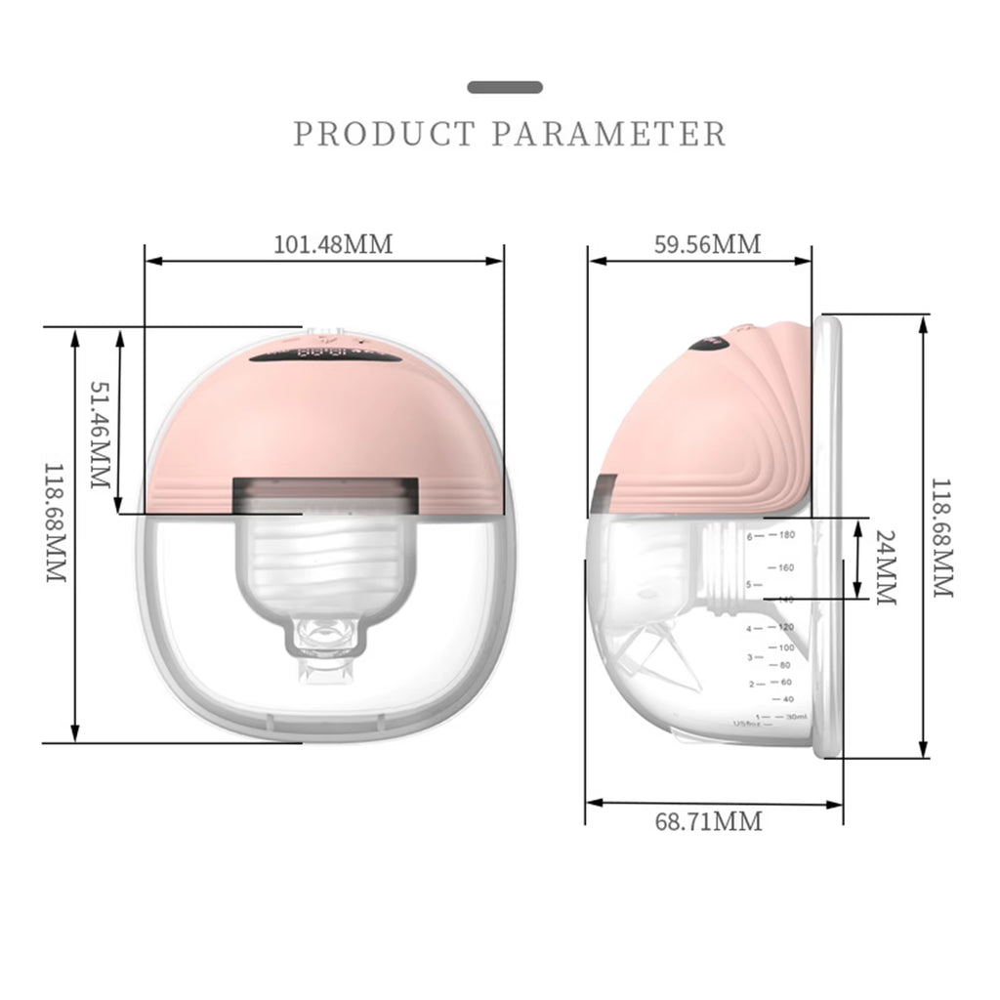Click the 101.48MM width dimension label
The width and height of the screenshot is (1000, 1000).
point(333,243)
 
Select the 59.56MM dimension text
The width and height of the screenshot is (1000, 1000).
point(707,243)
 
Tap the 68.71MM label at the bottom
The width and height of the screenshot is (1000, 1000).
point(708,821)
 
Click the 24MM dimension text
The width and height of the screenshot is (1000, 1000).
point(885,567)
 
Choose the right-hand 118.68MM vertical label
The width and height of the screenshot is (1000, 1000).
point(942,537)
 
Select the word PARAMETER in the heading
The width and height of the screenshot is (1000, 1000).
point(609,133)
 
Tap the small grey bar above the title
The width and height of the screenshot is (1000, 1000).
point(504,87)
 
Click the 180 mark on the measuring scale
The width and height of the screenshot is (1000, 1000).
point(787,535)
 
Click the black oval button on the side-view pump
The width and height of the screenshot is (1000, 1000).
point(709,343)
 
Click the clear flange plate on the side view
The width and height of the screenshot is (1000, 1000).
point(829,537)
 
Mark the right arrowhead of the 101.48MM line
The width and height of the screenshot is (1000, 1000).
point(498,261)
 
